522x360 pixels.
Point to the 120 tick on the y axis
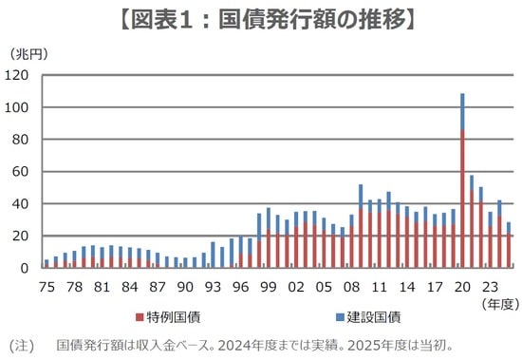[x=20, y=75]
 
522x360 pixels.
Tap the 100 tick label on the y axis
[x=20, y=107]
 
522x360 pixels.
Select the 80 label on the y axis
[x=24, y=140]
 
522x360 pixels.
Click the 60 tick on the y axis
[x=24, y=172]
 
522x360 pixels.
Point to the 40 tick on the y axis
[x=24, y=204]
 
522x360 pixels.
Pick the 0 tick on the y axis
[x=28, y=268]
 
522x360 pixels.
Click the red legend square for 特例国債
[x=140, y=314]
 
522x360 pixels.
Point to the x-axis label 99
[x=268, y=284]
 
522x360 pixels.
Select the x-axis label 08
[x=351, y=284]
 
